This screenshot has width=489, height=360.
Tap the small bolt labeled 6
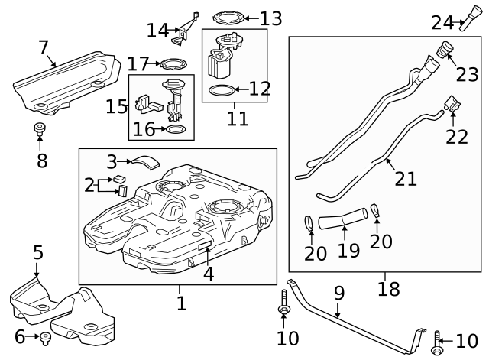click(x=45, y=336)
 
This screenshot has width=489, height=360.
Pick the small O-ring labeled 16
click(x=175, y=129)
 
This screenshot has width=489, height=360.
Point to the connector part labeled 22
click(x=452, y=102)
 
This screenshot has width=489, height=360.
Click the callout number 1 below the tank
click(x=180, y=303)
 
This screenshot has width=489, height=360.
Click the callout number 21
click(x=406, y=178)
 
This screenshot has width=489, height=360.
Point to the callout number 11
click(x=237, y=119)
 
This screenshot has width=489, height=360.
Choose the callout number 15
click(x=117, y=105)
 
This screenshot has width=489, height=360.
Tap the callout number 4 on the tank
click(x=207, y=273)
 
